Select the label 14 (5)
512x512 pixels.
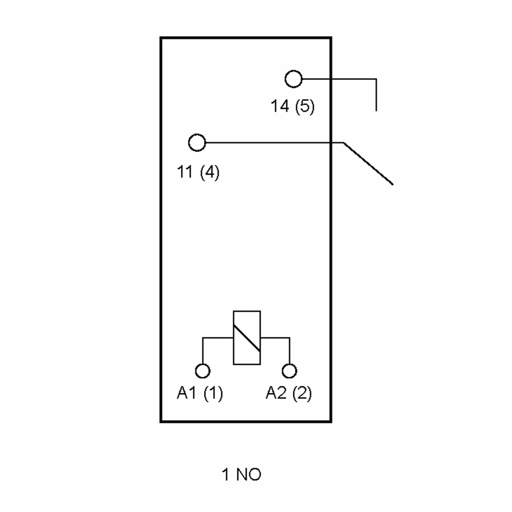292,106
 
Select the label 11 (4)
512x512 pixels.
198,172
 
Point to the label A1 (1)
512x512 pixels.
200,393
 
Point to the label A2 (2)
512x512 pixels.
289,393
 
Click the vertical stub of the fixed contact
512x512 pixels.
376,95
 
